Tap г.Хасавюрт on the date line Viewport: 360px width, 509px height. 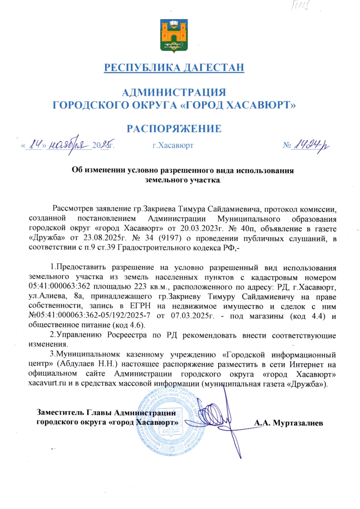coord(173,146)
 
